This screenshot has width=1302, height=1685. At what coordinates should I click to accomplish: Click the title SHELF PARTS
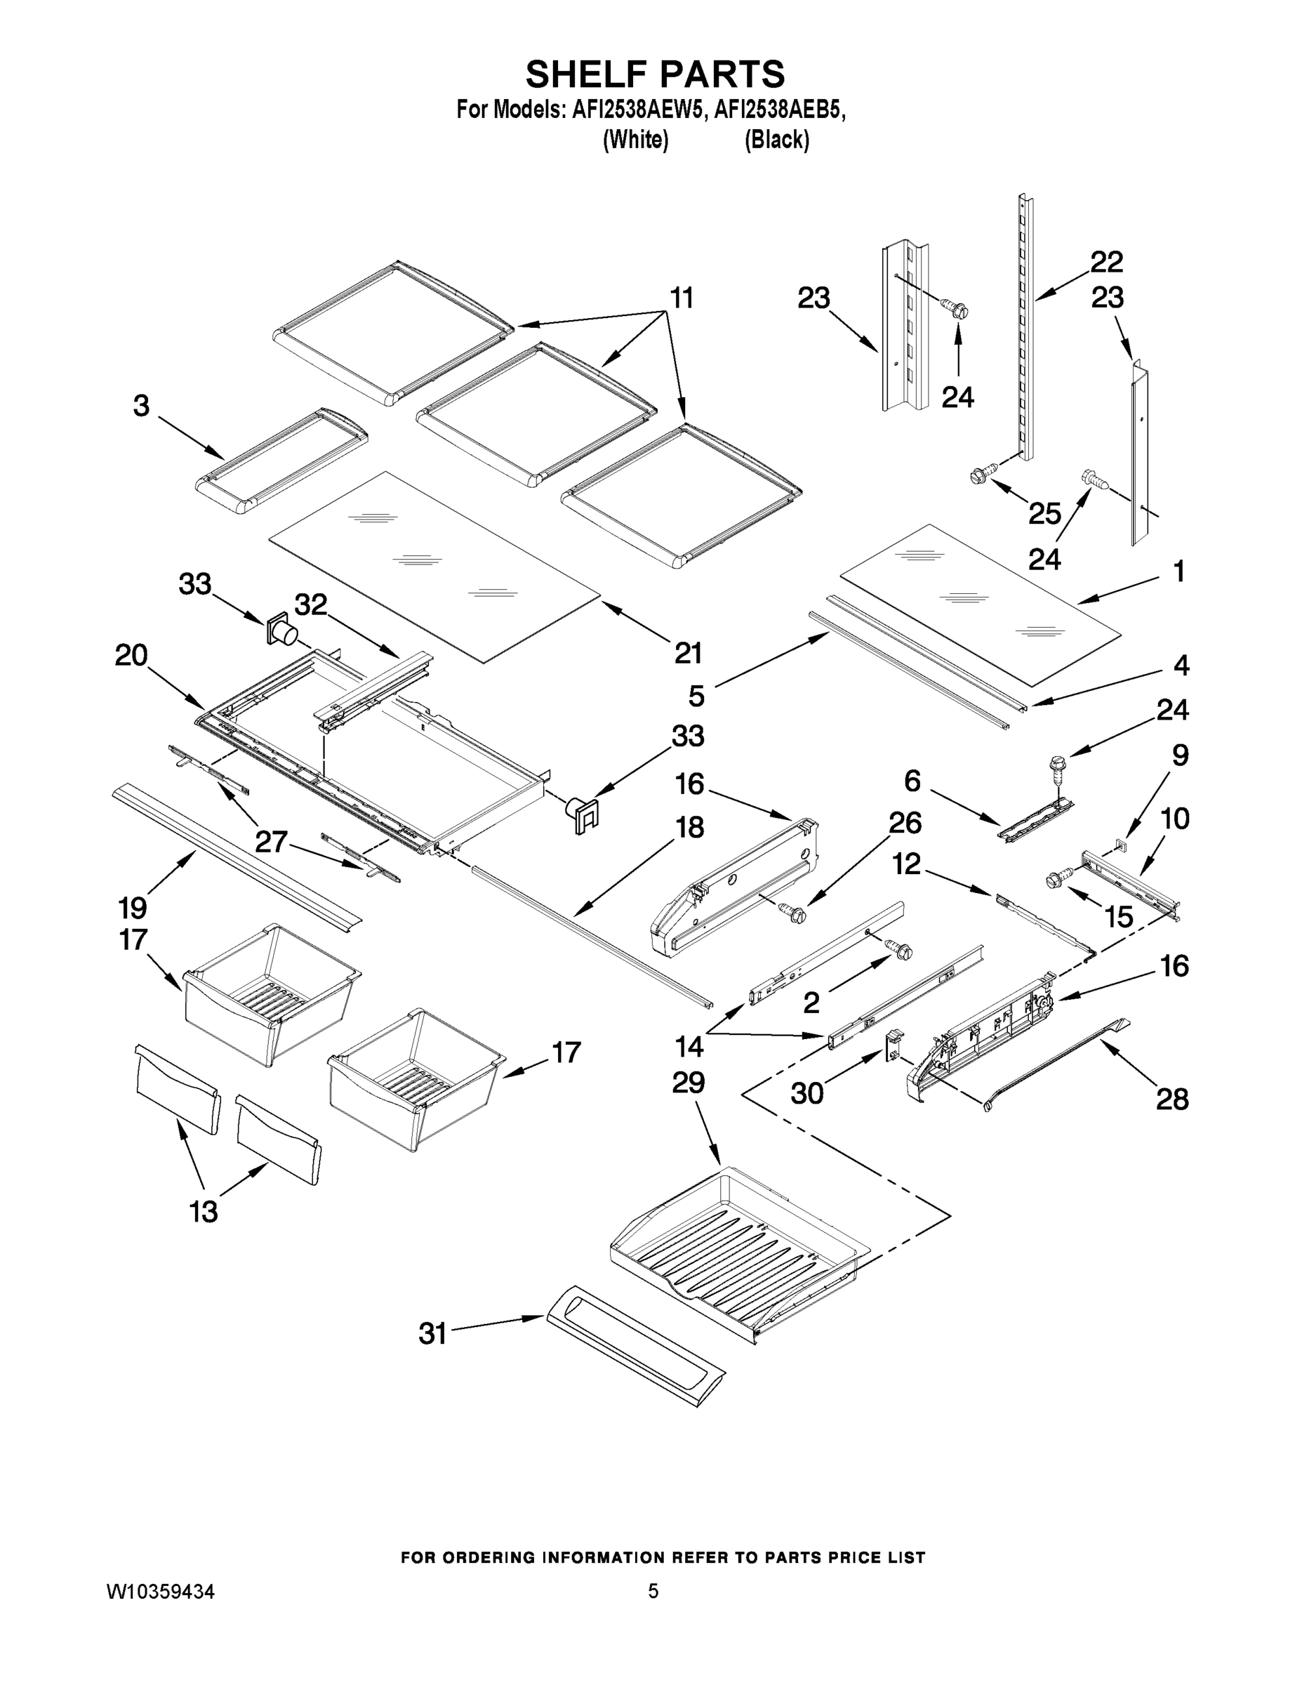point(655,75)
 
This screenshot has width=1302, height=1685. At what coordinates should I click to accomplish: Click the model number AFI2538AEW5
point(637,110)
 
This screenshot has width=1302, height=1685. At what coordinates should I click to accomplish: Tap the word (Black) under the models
point(777,140)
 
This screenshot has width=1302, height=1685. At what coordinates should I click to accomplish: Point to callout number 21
point(688,653)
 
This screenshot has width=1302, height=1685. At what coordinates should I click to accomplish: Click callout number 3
point(141,406)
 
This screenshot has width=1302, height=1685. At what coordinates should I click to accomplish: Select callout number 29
point(688,1083)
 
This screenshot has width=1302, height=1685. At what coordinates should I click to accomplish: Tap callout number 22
point(1106,263)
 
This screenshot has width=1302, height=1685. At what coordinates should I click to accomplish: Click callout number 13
point(204,1212)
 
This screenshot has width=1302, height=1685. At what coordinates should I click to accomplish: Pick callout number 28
point(1171,1099)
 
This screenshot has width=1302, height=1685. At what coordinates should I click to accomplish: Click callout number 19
point(133,908)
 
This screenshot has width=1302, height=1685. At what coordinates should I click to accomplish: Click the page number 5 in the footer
point(653,1591)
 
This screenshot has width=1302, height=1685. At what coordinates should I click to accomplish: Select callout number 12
point(906,864)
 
